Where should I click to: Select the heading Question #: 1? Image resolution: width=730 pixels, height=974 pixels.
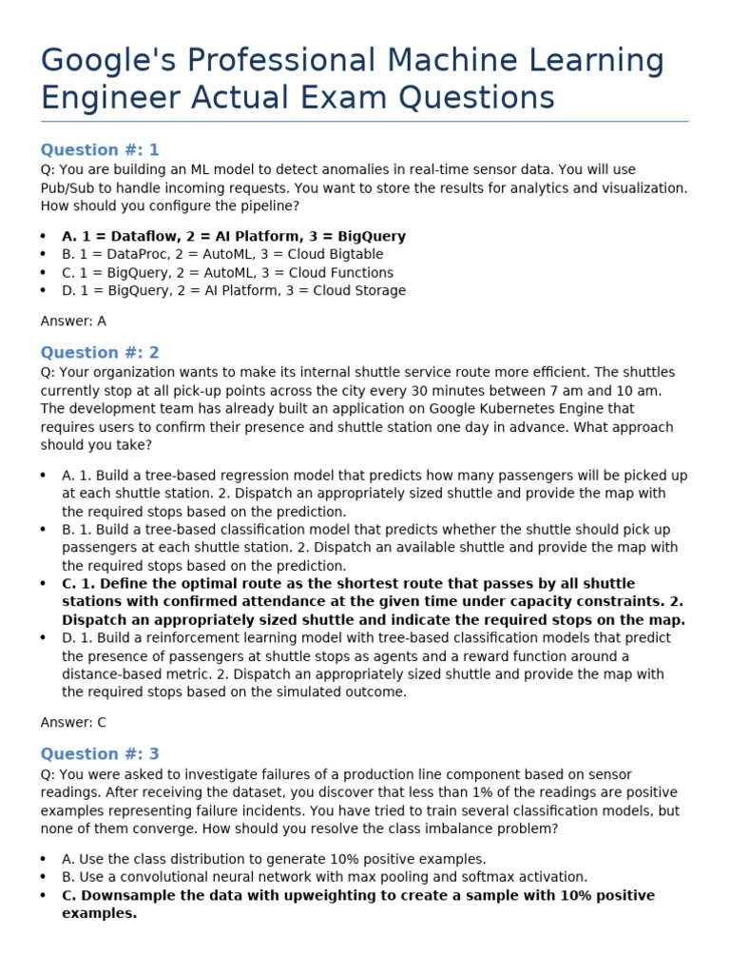click(100, 149)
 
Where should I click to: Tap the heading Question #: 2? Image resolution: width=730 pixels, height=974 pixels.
click(100, 353)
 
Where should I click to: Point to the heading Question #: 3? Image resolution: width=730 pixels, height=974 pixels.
click(100, 754)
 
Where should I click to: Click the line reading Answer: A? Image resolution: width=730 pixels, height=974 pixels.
click(73, 321)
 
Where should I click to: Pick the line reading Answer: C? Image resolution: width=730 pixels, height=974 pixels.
click(73, 723)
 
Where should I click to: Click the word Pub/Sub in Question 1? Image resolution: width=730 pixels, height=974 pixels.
click(68, 188)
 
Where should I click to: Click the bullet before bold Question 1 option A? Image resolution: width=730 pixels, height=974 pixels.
click(44, 237)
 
